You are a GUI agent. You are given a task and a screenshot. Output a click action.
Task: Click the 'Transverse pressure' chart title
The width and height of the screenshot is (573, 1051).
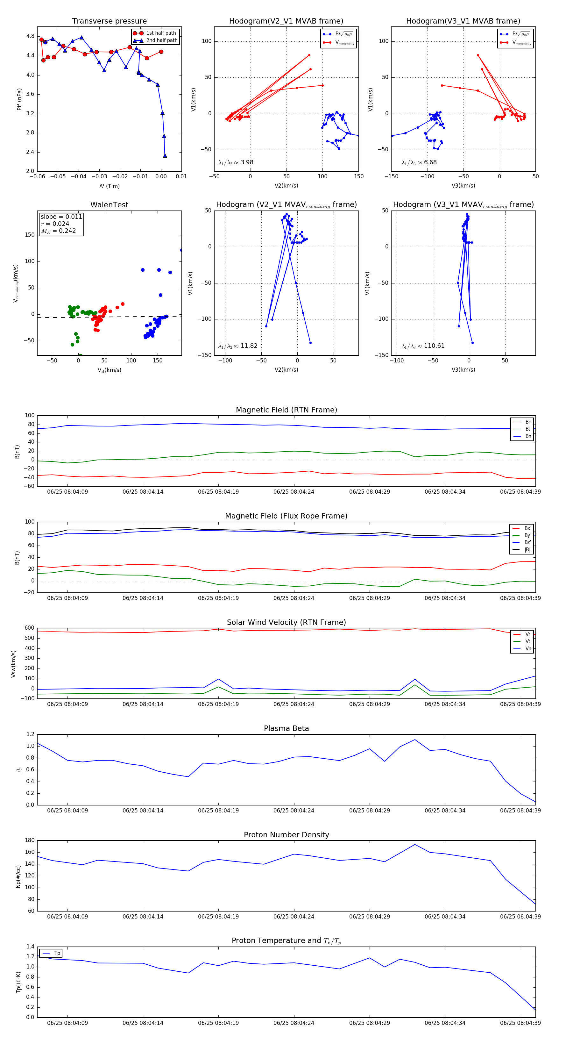coord(109,21)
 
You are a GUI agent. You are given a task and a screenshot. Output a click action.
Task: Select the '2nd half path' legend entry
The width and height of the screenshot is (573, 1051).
coord(161,40)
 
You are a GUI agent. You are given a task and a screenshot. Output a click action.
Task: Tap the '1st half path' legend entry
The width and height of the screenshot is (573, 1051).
coord(161,33)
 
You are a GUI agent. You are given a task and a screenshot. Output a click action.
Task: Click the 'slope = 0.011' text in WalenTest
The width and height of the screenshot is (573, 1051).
coord(61,217)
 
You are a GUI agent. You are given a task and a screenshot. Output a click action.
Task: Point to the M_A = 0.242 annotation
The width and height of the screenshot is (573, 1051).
coord(58,231)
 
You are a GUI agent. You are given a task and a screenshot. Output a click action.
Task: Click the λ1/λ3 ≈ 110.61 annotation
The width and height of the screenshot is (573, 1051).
coord(423,346)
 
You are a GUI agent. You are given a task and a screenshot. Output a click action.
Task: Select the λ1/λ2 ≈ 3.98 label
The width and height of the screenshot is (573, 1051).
coord(236,162)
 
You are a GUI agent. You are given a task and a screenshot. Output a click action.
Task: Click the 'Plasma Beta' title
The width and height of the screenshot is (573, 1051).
coord(286,728)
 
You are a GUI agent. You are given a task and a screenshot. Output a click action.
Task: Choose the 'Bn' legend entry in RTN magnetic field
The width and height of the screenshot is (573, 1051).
coord(528,436)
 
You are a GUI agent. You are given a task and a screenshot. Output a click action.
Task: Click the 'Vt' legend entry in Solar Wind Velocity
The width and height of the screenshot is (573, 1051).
coord(528,641)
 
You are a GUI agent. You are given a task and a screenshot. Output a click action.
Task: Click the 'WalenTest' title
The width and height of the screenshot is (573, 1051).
coord(109,205)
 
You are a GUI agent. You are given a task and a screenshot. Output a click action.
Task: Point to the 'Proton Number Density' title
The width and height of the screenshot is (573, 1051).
coord(286,835)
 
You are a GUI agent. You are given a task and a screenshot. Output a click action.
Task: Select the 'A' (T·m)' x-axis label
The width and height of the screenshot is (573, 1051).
coord(109,186)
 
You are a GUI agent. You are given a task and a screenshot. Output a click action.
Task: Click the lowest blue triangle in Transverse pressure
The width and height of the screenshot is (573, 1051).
coord(165,155)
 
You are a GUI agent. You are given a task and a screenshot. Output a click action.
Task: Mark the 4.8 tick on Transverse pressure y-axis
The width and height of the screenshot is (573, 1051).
coord(30,36)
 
